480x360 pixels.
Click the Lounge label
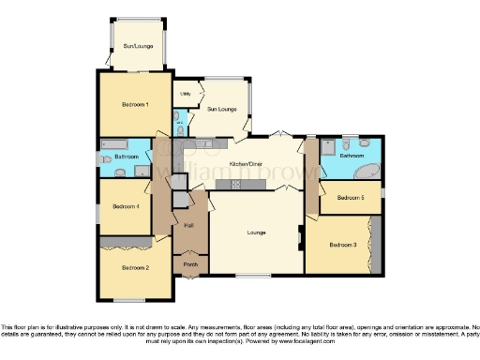(256, 232)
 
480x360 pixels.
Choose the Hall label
(188, 226)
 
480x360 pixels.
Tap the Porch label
(190, 264)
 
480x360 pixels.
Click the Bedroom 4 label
(125, 206)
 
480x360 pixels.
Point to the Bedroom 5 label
(350, 198)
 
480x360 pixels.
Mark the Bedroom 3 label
(342, 245)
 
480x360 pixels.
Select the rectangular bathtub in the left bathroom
(119, 143)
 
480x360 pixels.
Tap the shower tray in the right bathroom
(329, 147)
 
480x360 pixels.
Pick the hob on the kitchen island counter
(230, 185)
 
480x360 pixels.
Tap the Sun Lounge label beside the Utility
(221, 110)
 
